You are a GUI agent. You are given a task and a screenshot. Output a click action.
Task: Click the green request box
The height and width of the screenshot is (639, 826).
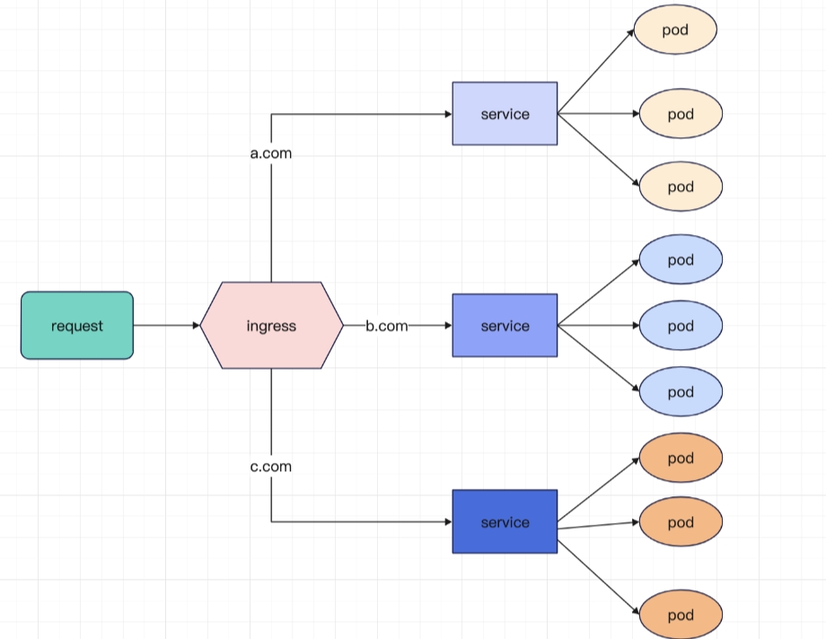coord(77,326)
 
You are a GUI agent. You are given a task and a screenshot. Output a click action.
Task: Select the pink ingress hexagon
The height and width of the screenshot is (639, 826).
coord(271,326)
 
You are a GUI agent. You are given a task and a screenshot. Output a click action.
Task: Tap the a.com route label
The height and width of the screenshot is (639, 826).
coord(270,153)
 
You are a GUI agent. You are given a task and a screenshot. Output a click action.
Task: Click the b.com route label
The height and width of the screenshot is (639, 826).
coord(387,326)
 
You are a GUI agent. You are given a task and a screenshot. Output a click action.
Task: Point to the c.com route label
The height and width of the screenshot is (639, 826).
coord(270,467)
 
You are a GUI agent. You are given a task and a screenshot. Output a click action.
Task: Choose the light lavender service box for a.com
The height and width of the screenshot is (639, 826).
coord(505,114)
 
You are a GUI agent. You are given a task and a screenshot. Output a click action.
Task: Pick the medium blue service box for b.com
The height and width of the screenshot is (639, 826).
coord(505,326)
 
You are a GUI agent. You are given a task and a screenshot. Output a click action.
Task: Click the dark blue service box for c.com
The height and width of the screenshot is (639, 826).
coord(505,522)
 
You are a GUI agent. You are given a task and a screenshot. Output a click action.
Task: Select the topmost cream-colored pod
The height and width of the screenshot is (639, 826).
coord(675,31)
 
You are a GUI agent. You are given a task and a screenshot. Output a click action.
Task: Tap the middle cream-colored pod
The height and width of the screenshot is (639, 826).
coord(681,114)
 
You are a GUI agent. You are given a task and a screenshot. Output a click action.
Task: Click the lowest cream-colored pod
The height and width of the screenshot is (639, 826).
coord(681,187)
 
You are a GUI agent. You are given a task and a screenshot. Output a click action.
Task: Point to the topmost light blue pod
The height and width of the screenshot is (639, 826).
coord(681,260)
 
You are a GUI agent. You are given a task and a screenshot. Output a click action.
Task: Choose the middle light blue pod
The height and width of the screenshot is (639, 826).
coord(681,326)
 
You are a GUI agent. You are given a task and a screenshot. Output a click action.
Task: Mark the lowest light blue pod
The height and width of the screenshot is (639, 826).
coord(681,392)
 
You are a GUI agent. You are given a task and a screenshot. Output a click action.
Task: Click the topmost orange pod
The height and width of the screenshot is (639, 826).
coord(681,459)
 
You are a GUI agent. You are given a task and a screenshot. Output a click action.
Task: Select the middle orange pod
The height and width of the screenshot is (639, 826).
coord(681,522)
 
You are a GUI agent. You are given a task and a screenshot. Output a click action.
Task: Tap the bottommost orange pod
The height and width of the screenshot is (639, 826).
coord(681,616)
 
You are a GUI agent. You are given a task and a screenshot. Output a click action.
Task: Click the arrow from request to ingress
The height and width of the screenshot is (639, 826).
coord(166,326)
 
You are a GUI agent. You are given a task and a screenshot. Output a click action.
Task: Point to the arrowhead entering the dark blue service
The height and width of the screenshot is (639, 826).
coord(447,522)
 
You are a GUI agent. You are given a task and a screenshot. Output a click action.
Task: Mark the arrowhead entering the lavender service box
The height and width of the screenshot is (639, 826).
coord(447,114)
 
